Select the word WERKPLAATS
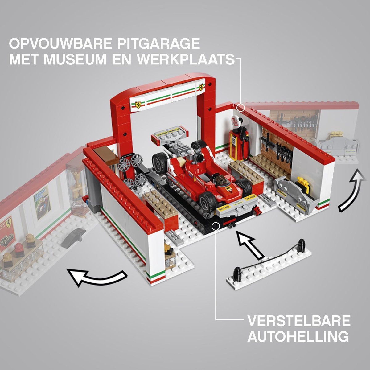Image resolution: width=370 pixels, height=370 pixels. coord(186,60)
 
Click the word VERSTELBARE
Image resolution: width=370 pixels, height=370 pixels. coord(299,321)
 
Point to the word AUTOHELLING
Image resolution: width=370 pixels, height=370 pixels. coord(298,336)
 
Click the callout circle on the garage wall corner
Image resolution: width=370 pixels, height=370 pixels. coord(241,108)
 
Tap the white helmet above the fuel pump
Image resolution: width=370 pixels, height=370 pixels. coord(236,121)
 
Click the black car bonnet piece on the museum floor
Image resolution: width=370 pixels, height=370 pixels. coord(73,237)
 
